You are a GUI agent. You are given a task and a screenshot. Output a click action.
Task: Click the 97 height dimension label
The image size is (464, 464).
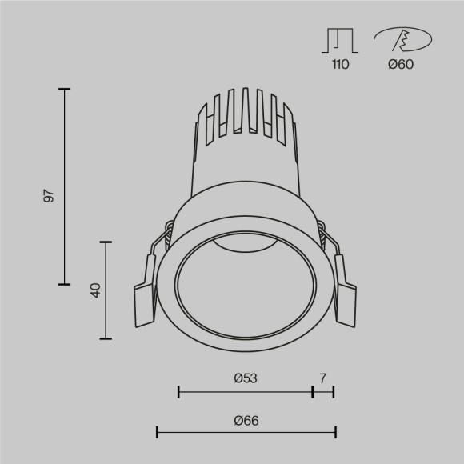(x=49, y=197)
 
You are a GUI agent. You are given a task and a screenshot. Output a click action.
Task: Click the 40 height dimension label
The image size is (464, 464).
(x=94, y=290)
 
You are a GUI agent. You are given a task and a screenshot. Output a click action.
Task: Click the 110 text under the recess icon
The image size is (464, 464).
(x=340, y=65)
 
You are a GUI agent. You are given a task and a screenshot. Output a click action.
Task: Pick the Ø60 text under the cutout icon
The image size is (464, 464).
(x=400, y=65)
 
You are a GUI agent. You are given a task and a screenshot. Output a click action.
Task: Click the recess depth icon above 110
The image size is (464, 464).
(x=340, y=39)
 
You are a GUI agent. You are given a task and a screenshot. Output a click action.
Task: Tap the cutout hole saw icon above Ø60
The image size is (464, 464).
(x=402, y=39)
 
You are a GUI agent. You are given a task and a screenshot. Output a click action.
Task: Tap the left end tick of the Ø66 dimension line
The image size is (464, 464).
(x=157, y=433)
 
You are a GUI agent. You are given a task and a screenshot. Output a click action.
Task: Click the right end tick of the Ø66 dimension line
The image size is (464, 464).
(x=335, y=433)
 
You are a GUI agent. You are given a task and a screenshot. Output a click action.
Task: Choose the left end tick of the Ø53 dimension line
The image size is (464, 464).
(x=178, y=391)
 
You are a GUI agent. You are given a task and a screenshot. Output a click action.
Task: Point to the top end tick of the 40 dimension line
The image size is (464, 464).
(x=105, y=240)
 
